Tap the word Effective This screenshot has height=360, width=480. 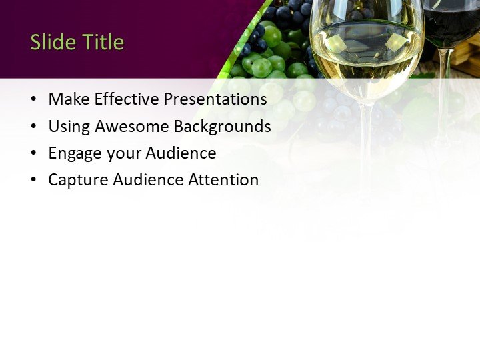[x=127, y=99]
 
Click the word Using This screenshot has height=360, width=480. [x=69, y=126]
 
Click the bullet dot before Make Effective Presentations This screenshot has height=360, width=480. [x=34, y=99]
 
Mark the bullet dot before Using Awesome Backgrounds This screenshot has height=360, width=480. [x=34, y=127]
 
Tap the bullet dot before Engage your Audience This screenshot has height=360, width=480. [x=34, y=153]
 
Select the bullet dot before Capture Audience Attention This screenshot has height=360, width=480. [x=34, y=180]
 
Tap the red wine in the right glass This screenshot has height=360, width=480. [x=451, y=27]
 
